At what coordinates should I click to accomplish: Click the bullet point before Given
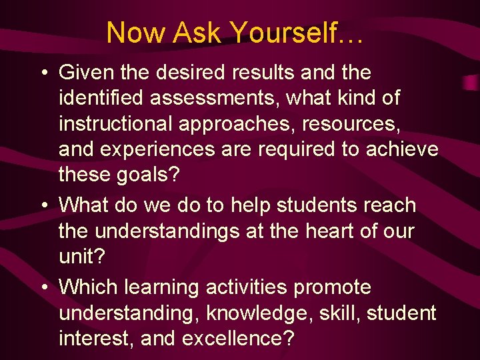45,73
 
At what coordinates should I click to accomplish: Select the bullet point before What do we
45,206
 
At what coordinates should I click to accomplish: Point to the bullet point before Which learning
45,288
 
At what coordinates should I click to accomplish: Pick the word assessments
217,98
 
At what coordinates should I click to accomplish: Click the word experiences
157,149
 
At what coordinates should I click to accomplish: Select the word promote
333,287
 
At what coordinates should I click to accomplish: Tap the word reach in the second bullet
386,205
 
